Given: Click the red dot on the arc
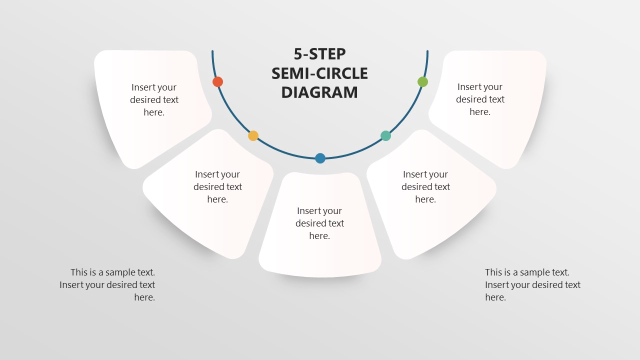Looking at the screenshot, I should pyautogui.click(x=217, y=81).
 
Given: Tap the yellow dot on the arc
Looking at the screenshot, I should pyautogui.click(x=253, y=135).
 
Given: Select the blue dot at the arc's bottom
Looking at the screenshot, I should pyautogui.click(x=320, y=158).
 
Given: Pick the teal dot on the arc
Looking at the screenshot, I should pyautogui.click(x=385, y=135).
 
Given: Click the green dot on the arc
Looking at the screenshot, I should pyautogui.click(x=422, y=81).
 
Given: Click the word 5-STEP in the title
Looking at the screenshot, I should pyautogui.click(x=320, y=54).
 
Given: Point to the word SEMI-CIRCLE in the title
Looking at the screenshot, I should pyautogui.click(x=320, y=73).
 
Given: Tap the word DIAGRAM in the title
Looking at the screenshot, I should pyautogui.click(x=320, y=92).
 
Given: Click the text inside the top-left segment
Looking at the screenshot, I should pyautogui.click(x=154, y=99).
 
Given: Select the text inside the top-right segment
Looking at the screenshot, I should pyautogui.click(x=480, y=99).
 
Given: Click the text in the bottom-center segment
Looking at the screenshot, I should pyautogui.click(x=319, y=223).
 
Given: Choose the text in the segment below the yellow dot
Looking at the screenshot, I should pyautogui.click(x=217, y=186).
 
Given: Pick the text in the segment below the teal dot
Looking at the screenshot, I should pyautogui.click(x=425, y=186).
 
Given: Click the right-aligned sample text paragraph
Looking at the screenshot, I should pyautogui.click(x=107, y=284).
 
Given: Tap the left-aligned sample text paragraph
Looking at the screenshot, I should pyautogui.click(x=532, y=284).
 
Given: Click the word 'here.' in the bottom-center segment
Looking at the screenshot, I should pyautogui.click(x=319, y=235).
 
